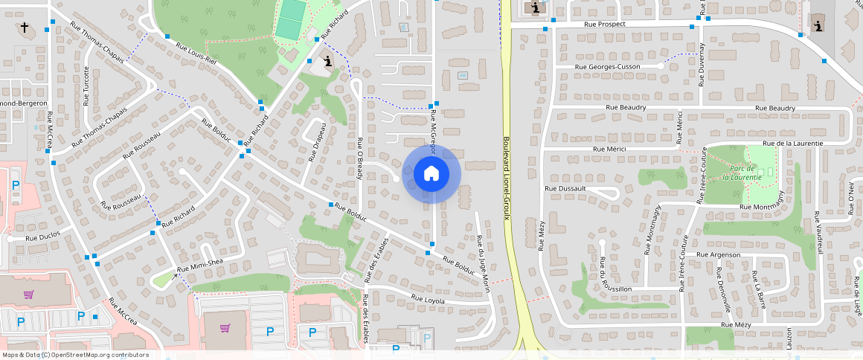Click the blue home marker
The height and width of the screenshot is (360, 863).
click(x=431, y=174)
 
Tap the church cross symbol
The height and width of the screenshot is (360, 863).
click(x=25, y=28)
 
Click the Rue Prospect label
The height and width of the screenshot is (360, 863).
click(x=606, y=25)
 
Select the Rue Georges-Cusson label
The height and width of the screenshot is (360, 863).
click(x=607, y=67)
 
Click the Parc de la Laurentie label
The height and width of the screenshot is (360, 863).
click(x=742, y=173)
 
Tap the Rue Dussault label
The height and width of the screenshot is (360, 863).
click(x=565, y=189)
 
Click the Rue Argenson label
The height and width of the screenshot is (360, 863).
click(x=718, y=255)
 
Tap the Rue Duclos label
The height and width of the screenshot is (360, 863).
click(x=43, y=237)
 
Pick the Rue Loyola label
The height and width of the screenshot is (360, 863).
click(x=428, y=300)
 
